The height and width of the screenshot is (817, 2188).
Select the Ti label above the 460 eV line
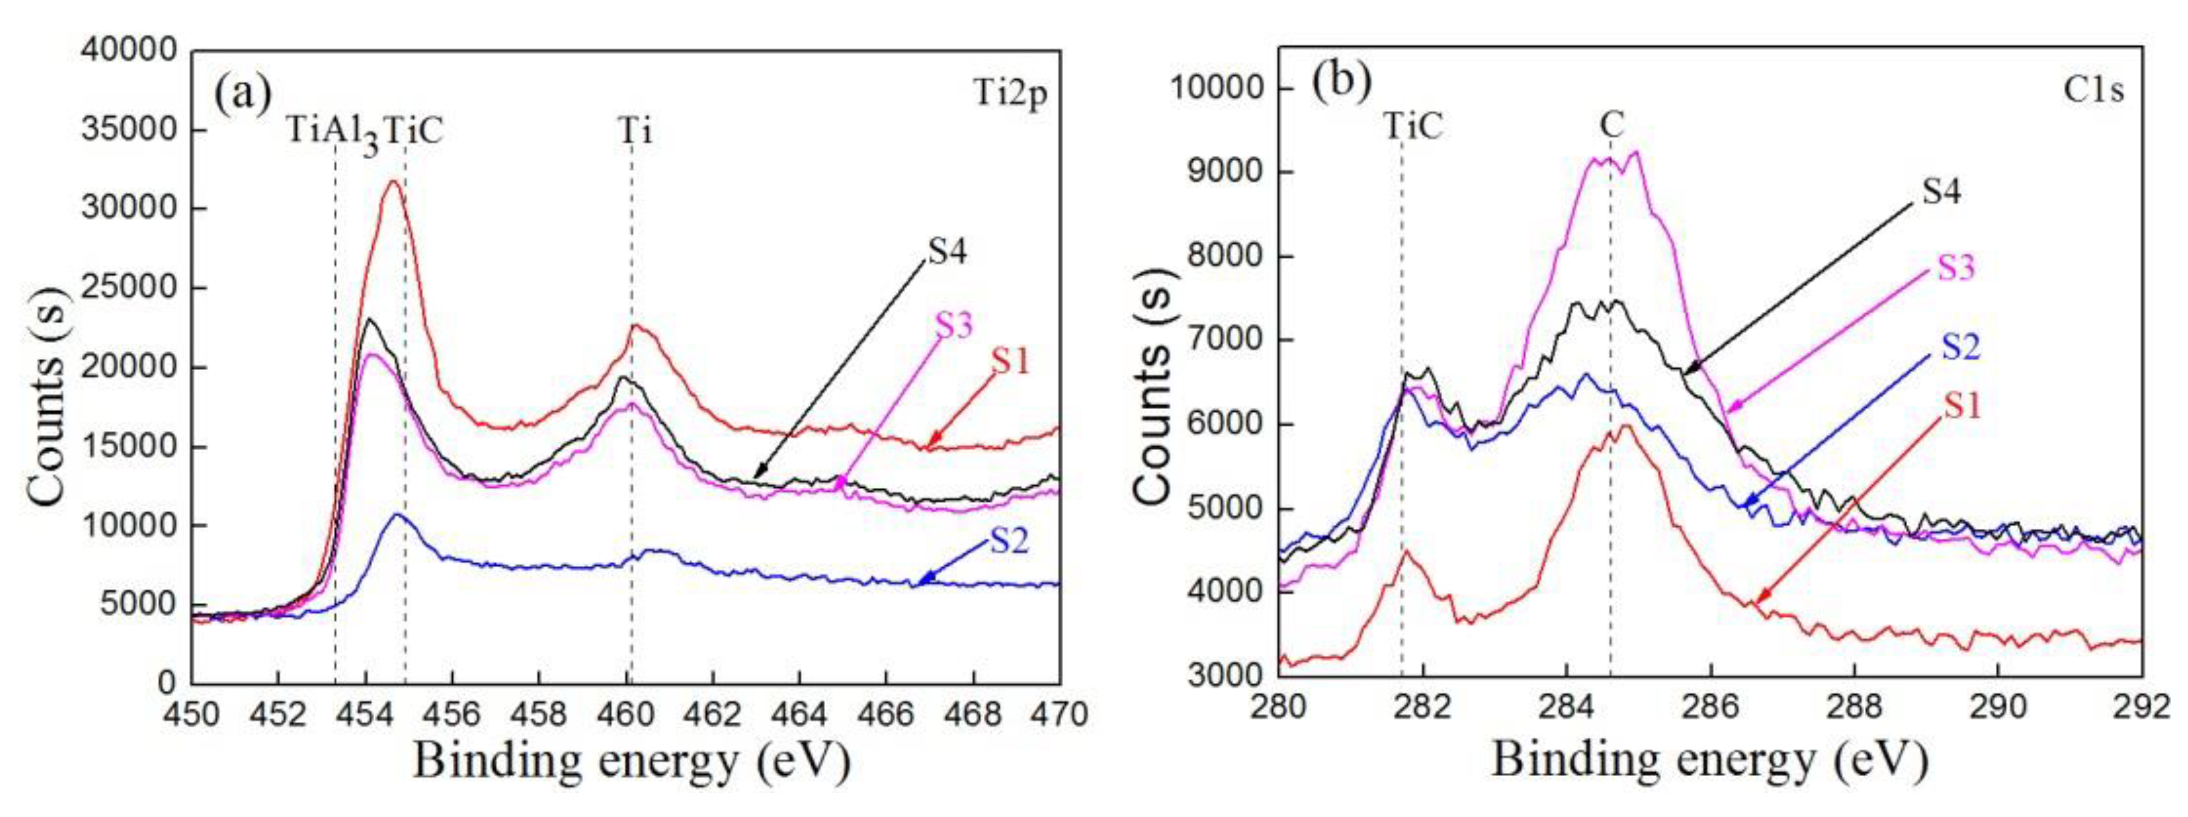pos(634,132)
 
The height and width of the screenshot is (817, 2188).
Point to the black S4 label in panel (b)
pos(1941,192)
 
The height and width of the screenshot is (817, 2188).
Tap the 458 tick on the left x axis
pos(538,713)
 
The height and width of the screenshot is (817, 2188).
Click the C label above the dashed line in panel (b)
pos(1611,126)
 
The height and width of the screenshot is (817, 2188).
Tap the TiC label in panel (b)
pos(1413,127)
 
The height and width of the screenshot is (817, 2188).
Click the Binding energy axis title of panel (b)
pos(1708,758)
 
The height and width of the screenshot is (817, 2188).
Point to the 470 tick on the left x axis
pos(1060,713)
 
